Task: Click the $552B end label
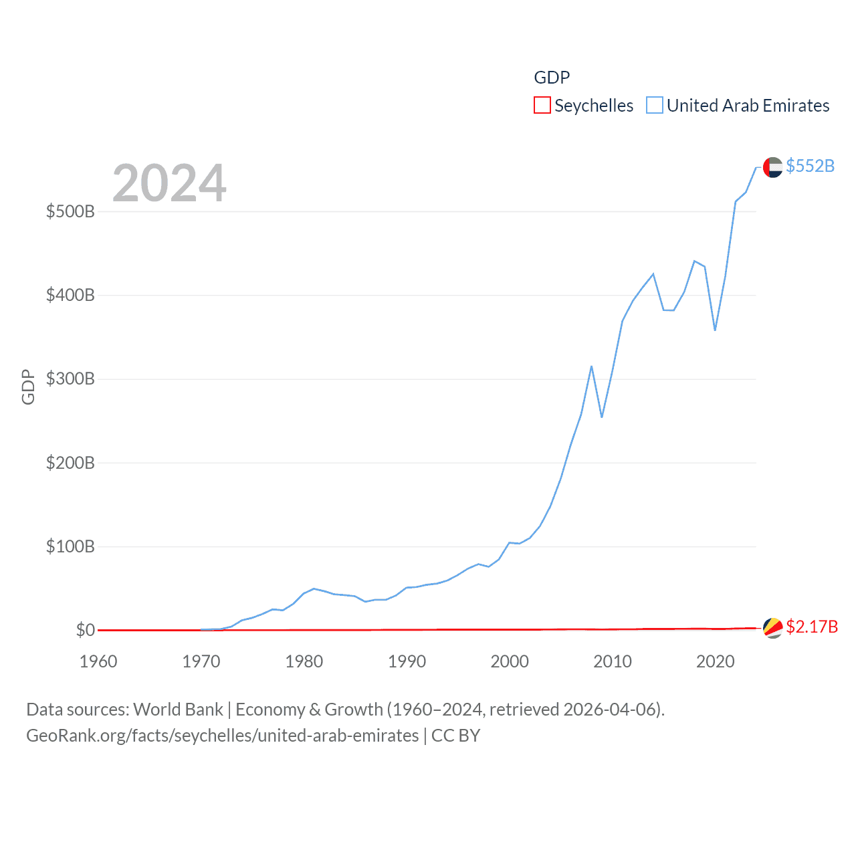[810, 166]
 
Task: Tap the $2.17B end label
[812, 627]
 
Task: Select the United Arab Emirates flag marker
[772, 167]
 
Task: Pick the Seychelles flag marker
[772, 628]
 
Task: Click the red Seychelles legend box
[542, 106]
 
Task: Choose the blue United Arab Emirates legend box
[655, 106]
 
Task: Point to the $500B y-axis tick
[70, 212]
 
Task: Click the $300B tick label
[70, 379]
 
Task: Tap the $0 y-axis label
[85, 631]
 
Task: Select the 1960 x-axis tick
[98, 662]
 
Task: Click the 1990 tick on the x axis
[407, 662]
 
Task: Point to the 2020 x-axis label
[715, 662]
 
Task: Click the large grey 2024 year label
[169, 183]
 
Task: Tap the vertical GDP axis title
[28, 387]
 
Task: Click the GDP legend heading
[552, 78]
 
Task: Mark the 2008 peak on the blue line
[591, 366]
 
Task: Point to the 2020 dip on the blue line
[715, 330]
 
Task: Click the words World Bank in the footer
[178, 710]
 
